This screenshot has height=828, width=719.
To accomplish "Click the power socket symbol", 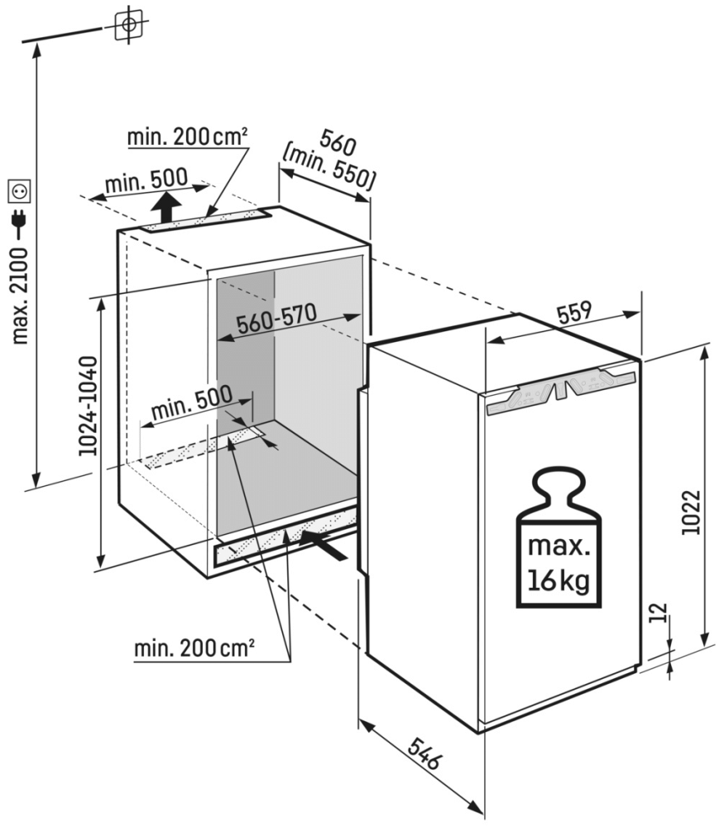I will [19, 191].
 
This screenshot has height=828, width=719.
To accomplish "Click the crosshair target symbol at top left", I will [127, 25].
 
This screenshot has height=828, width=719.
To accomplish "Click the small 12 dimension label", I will [659, 614].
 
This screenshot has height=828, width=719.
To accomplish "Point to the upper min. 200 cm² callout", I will [189, 137].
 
